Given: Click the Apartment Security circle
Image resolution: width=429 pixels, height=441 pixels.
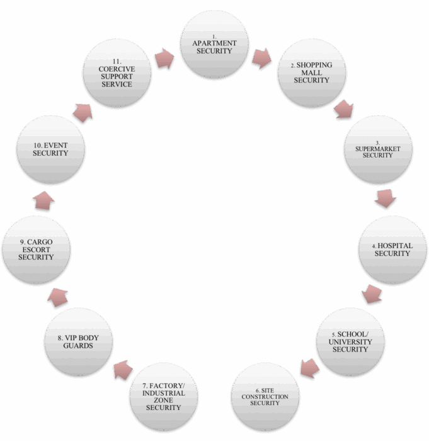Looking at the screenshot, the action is [214, 44].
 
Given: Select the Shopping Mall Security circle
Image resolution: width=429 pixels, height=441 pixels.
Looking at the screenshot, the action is [312, 73].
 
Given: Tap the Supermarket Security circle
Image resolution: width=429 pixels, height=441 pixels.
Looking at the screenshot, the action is [379, 149].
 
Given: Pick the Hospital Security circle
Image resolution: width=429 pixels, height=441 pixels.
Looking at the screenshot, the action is [392, 249].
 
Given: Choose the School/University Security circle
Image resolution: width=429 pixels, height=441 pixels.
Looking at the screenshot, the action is [350, 341].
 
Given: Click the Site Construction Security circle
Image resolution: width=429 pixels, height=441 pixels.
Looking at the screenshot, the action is [265, 396].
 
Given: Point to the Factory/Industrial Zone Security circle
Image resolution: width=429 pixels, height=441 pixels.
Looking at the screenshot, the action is [164, 396].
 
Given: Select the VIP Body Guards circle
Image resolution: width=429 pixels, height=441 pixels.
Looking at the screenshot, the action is [78, 341].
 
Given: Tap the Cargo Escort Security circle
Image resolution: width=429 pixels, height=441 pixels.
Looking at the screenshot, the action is [37, 249].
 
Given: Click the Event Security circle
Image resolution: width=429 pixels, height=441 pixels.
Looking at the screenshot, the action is [50, 149].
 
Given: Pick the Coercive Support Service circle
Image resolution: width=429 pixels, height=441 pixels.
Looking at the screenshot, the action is [117, 73].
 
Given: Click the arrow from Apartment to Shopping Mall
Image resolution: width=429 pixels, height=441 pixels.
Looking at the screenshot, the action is [261, 58].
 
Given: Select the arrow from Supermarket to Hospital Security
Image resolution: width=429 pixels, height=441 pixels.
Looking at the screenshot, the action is [386, 198].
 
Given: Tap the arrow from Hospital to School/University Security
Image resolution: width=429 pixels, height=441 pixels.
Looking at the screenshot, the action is [372, 294].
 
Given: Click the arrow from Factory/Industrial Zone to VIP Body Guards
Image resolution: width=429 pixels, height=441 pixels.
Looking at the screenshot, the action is [123, 370].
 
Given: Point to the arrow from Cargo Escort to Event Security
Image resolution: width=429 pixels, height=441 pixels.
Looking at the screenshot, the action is [43, 200].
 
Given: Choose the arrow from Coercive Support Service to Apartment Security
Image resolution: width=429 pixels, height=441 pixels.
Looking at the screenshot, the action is [164, 59].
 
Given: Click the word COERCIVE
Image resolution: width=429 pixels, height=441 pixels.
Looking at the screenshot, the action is [117, 69].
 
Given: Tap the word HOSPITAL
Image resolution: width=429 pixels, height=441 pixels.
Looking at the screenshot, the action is [395, 246].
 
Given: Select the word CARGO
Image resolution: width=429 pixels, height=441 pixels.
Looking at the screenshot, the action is [40, 242].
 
